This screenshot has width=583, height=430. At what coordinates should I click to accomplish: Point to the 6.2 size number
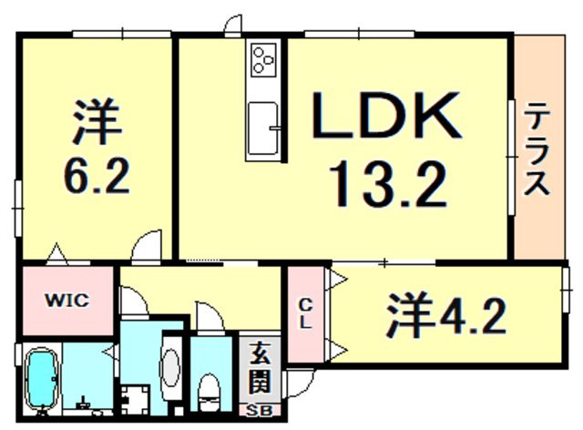[93, 174]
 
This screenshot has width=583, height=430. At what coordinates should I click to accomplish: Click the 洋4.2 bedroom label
[446, 316]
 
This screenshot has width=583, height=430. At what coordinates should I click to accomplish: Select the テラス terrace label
[536, 150]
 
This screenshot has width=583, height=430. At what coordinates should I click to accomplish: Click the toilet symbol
[210, 390]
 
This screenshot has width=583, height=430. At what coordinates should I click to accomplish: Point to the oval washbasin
[171, 370]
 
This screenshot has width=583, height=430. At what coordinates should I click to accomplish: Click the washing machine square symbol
[138, 398]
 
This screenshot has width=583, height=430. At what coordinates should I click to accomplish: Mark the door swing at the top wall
[235, 26]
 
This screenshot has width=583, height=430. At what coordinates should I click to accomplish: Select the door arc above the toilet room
[207, 319]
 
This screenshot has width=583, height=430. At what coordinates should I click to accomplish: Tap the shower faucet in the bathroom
[83, 402]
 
